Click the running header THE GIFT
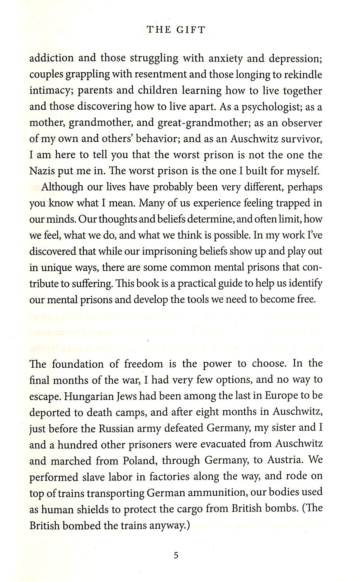click(176, 30)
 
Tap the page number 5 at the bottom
click(176, 555)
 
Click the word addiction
click(51, 58)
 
